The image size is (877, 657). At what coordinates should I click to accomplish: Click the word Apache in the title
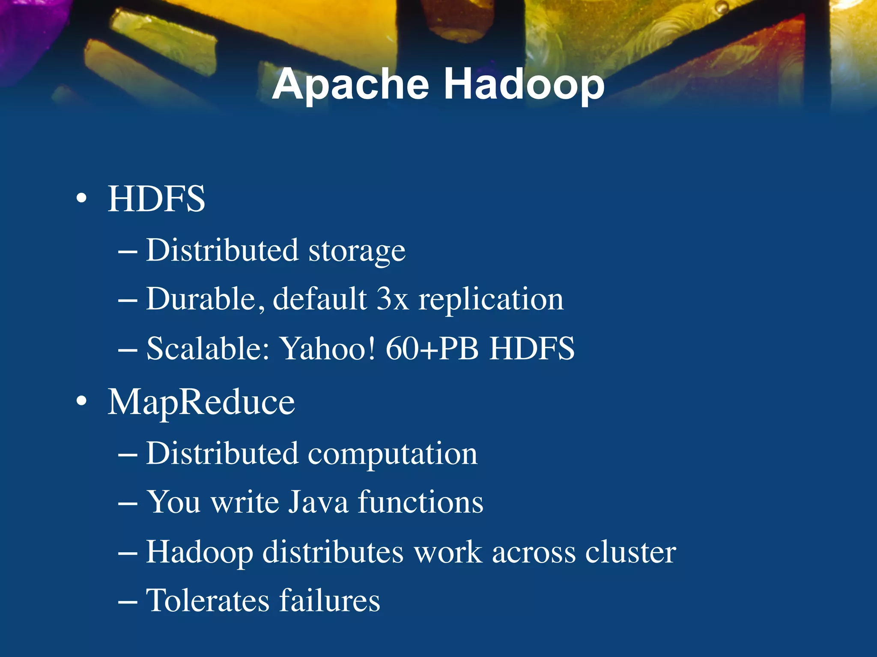tap(350, 85)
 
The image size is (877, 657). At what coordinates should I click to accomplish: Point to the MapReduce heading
tap(201, 402)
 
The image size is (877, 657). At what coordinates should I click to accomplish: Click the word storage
tap(357, 251)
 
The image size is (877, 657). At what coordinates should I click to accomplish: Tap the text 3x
tap(392, 299)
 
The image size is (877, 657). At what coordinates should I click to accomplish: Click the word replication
tap(491, 300)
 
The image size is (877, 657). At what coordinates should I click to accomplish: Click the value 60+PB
tap(432, 348)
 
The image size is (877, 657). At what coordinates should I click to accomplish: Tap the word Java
tap(318, 502)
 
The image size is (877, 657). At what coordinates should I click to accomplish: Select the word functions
tap(421, 502)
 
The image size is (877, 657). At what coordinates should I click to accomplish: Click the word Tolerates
tap(208, 600)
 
